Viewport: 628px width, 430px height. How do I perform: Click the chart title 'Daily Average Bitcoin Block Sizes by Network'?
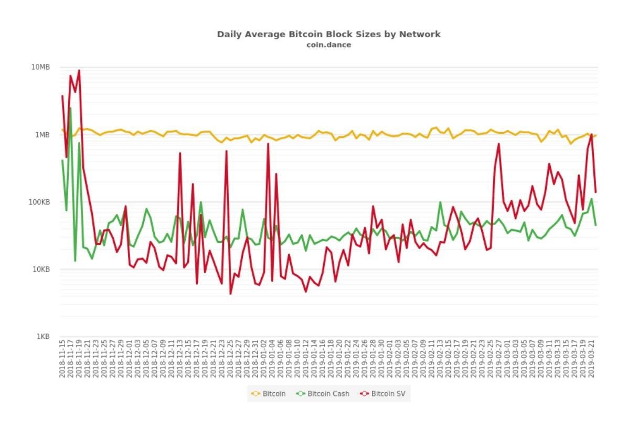coord(328,34)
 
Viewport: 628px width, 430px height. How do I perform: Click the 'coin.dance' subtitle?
coord(328,45)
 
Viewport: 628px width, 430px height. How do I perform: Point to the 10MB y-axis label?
coord(40,67)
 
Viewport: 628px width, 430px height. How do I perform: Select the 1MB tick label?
coord(42,135)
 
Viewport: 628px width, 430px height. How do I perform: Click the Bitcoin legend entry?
coord(269,393)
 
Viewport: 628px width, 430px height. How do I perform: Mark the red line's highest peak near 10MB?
coord(79,70)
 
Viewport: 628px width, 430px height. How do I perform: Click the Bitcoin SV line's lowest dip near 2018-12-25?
coord(230,293)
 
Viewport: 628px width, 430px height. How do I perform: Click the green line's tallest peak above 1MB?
coord(70,109)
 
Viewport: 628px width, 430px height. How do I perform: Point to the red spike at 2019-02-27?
coord(498,144)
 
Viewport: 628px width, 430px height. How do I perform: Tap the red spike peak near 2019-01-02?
coord(268,144)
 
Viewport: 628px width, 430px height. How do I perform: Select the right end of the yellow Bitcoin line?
coord(596,135)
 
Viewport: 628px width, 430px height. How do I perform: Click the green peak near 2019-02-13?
coord(440,202)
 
